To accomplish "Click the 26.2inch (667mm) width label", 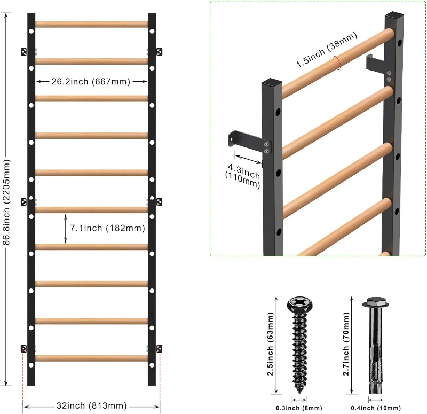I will click(91, 82).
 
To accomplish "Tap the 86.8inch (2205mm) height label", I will click(6, 199).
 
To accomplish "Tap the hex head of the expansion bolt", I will click(373, 302).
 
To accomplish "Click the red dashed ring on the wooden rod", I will click(337, 63).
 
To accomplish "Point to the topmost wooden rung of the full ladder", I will click(91, 25).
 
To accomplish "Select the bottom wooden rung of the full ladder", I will click(91, 358).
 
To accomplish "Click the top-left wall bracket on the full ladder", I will click(25, 51).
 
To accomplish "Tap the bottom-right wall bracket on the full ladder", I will click(159, 348).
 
